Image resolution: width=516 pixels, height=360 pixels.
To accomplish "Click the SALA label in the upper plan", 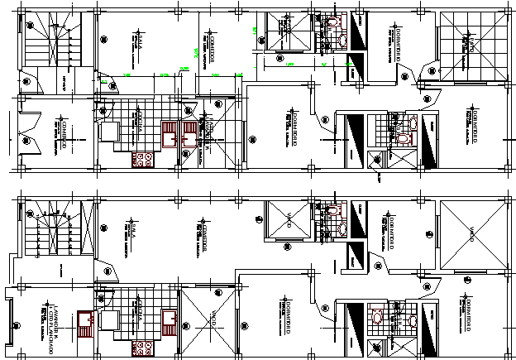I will coord(141,42).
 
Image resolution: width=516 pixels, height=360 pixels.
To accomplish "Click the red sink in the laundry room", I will coord(84,319).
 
